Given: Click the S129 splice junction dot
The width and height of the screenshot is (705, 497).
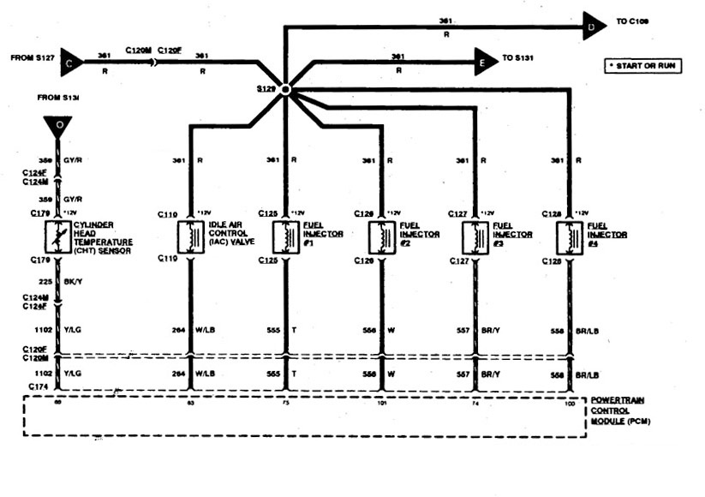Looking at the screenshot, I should point(285,89).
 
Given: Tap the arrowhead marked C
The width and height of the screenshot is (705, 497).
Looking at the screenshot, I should point(72,60).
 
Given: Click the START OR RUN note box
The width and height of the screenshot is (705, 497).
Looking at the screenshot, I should point(642,65).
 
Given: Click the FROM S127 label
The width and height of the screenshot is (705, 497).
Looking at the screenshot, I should point(32,58).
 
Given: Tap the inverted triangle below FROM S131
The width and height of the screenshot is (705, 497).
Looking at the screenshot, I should point(59,127).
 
